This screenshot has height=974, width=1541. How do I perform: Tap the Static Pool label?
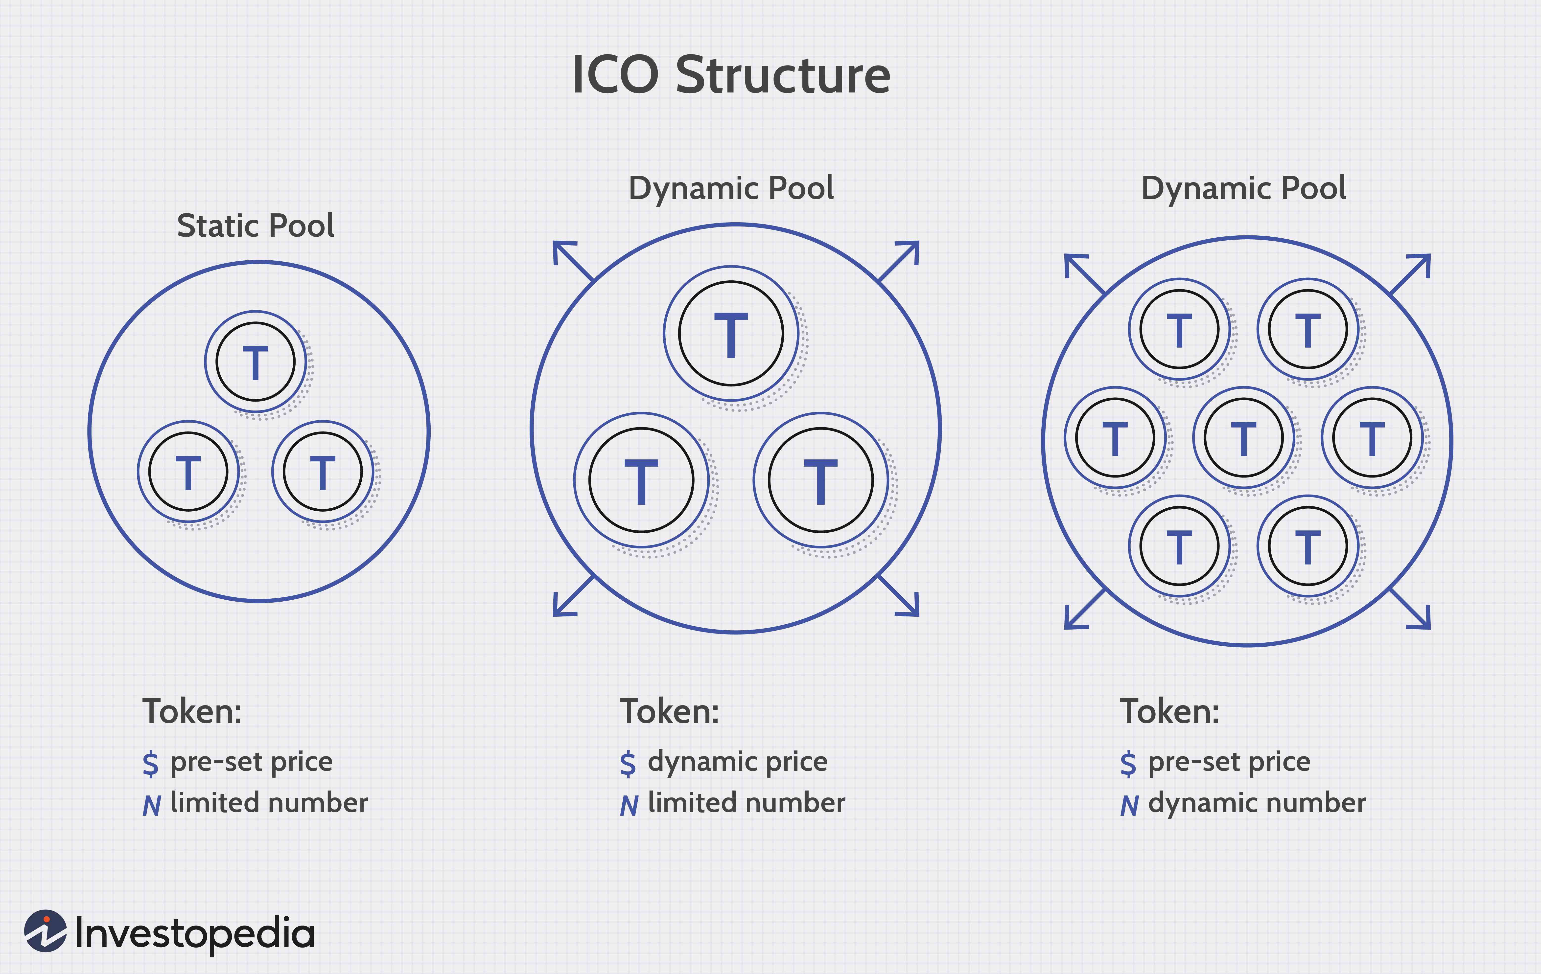tap(255, 225)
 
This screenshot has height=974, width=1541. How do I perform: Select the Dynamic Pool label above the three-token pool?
tap(731, 188)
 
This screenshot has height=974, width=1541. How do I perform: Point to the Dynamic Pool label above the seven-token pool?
tap(1243, 188)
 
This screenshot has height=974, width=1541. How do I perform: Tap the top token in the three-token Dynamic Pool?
tap(731, 333)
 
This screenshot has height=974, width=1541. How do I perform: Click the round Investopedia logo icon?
tap(45, 931)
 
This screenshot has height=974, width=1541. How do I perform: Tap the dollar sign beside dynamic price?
tap(628, 764)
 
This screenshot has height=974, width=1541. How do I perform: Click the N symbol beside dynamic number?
tap(1129, 805)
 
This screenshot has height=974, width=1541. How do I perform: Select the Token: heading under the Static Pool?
tap(192, 712)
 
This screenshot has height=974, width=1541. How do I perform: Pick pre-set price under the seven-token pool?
tap(1229, 762)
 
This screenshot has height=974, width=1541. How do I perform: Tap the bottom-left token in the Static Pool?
tap(188, 472)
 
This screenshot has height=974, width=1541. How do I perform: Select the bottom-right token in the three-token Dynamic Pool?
tap(820, 480)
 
